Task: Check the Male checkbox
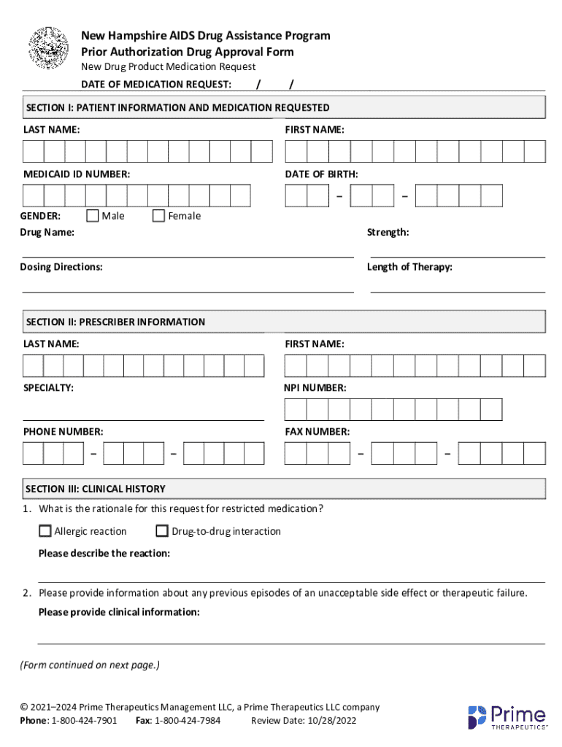click(x=93, y=215)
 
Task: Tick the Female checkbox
click(x=158, y=215)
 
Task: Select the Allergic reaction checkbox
click(x=45, y=531)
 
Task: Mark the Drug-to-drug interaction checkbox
click(x=162, y=531)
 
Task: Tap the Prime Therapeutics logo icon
click(x=477, y=717)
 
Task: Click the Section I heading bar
click(x=284, y=107)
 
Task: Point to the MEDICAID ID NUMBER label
click(x=77, y=174)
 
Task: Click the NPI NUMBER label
click(x=315, y=388)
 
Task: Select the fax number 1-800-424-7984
click(x=188, y=721)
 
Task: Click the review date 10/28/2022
click(x=322, y=721)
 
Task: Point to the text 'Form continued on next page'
click(x=89, y=665)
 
